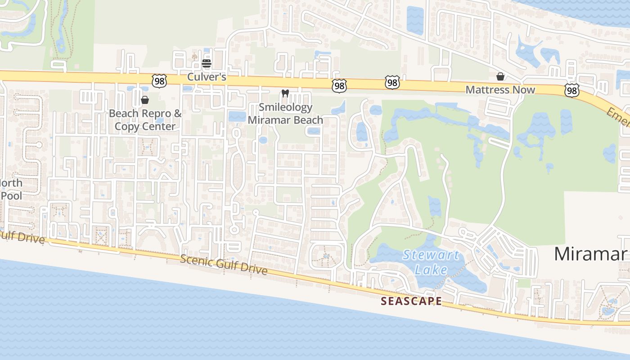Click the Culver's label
pyautogui.click(x=207, y=77)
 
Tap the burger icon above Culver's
pyautogui.click(x=207, y=63)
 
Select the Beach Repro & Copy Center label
pyautogui.click(x=145, y=120)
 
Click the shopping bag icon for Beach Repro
pyautogui.click(x=145, y=99)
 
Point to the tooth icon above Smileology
pyautogui.click(x=284, y=94)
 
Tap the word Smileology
pyautogui.click(x=285, y=108)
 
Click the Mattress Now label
pyautogui.click(x=500, y=90)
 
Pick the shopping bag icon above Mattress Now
pyautogui.click(x=500, y=76)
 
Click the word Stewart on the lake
pyautogui.click(x=431, y=256)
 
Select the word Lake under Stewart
pyautogui.click(x=431, y=270)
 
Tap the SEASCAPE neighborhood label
pyautogui.click(x=411, y=301)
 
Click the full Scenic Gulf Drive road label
pyautogui.click(x=224, y=265)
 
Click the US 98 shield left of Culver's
pyautogui.click(x=159, y=81)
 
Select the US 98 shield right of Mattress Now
pyautogui.click(x=571, y=91)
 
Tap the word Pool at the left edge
pyautogui.click(x=11, y=196)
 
